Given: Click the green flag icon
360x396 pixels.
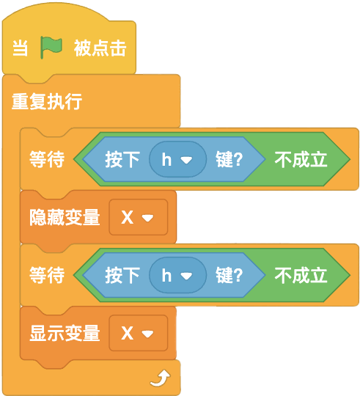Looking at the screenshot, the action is pos(51,47).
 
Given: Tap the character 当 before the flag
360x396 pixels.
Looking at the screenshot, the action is pos(21,48).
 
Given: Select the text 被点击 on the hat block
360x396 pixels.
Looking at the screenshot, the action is pos(100,48).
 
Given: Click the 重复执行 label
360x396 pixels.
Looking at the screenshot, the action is pos(47,101).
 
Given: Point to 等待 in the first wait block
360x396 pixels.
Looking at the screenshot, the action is pos(47,159).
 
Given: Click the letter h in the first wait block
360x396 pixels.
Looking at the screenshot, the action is pos(166,159).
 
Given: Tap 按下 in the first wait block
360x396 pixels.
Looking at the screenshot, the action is pos(122,159).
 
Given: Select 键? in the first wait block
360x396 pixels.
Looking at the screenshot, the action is pos(229,159).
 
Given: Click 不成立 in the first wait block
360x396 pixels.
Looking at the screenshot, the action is pos(301,159).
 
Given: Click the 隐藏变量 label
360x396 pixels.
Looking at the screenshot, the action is pos(65,217).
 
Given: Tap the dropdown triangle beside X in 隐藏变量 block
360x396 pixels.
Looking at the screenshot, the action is pos(147,218).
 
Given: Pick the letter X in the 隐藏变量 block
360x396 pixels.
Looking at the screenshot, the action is pos(128,217).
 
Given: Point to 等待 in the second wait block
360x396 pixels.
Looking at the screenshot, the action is pos(47,275).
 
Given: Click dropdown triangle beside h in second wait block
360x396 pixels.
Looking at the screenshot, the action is pos(186,276).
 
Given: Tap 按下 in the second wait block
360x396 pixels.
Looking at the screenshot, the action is pos(122,275).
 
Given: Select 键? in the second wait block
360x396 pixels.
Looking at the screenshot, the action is pos(229,275).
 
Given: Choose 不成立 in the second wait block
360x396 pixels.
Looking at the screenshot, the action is pos(301,275).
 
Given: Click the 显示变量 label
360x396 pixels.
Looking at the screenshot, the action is pos(65,333).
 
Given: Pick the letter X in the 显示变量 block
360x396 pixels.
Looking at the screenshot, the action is pos(128,333).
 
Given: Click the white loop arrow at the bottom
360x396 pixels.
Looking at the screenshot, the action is pos(161,378).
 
